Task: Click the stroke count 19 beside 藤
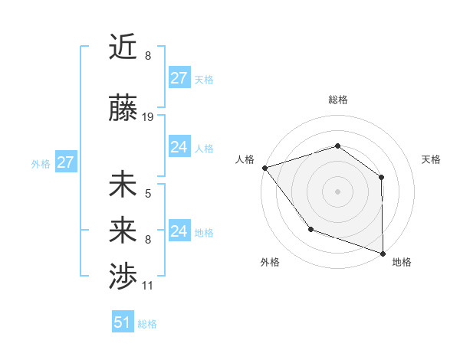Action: (x=148, y=117)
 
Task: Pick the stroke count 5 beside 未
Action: (x=148, y=193)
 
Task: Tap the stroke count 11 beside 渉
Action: (x=148, y=286)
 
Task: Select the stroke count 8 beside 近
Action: (x=148, y=55)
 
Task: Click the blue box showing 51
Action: (x=123, y=322)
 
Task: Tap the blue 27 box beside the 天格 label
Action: (x=179, y=77)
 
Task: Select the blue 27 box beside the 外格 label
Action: (x=66, y=162)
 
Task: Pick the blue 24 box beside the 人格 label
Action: (x=179, y=147)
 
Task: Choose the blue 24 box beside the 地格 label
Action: (x=179, y=231)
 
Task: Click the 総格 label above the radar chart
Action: (x=337, y=100)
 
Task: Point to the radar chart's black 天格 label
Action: (x=431, y=159)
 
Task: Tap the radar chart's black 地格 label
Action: (x=402, y=262)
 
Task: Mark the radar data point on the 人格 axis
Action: (x=264, y=168)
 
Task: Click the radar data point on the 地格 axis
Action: (x=383, y=253)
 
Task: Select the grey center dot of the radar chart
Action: (x=337, y=191)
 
